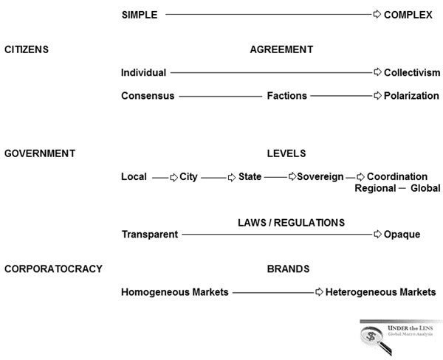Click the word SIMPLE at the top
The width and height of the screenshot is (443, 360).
(x=139, y=14)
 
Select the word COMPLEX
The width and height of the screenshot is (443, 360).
(x=408, y=14)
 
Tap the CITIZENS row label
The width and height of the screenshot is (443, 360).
(x=27, y=49)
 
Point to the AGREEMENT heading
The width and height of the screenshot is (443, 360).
(x=281, y=49)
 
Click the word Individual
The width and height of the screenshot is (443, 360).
(x=143, y=72)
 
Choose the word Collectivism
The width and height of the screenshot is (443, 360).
(x=412, y=72)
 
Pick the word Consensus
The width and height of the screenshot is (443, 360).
(x=148, y=96)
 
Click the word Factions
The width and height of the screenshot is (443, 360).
(x=287, y=96)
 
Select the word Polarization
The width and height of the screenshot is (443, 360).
(x=411, y=96)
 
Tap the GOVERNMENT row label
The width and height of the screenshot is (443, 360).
(x=40, y=153)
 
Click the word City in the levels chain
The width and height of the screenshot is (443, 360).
(x=188, y=177)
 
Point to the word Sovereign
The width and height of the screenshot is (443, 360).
(x=320, y=177)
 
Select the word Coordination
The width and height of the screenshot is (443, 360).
(x=397, y=177)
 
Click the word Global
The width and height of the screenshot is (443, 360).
(x=425, y=189)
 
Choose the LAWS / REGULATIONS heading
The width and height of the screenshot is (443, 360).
(x=291, y=222)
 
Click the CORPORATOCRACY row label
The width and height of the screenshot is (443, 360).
(x=53, y=269)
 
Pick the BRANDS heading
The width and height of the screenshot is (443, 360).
(x=288, y=269)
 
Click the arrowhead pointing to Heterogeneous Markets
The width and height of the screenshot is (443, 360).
(x=319, y=292)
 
